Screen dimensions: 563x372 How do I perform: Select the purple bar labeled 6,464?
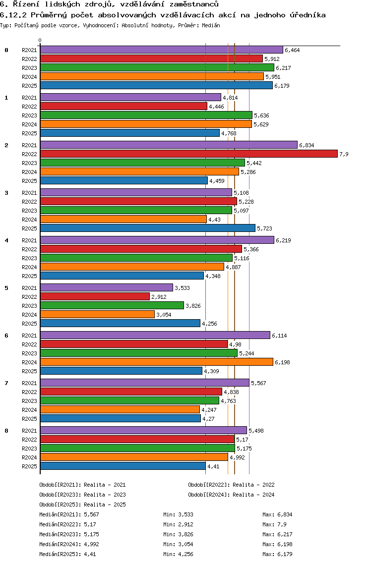tap(161, 50)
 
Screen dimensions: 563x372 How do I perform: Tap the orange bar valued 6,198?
tap(156, 362)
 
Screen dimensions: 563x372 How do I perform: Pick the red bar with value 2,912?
tap(95, 296)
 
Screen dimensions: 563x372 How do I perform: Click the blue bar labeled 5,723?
tap(148, 228)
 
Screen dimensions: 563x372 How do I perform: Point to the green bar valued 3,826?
tap(112, 305)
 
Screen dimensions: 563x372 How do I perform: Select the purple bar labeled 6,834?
tap(169, 145)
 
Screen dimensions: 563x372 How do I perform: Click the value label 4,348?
tap(213, 276)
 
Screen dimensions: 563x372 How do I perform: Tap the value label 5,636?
tap(261, 115)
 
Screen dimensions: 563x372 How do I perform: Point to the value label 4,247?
tap(209, 410)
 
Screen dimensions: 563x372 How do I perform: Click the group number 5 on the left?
tap(6, 288)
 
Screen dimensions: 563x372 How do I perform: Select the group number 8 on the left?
tap(6, 431)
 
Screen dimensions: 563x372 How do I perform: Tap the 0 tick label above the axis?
tap(40, 40)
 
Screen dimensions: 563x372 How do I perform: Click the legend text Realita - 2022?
tap(253, 485)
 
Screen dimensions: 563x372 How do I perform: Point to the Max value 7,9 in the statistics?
tap(282, 524)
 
